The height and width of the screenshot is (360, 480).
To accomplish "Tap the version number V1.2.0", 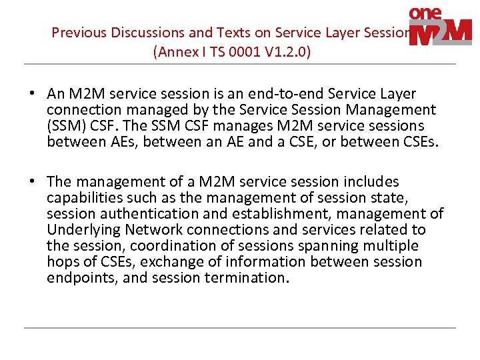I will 284,52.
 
